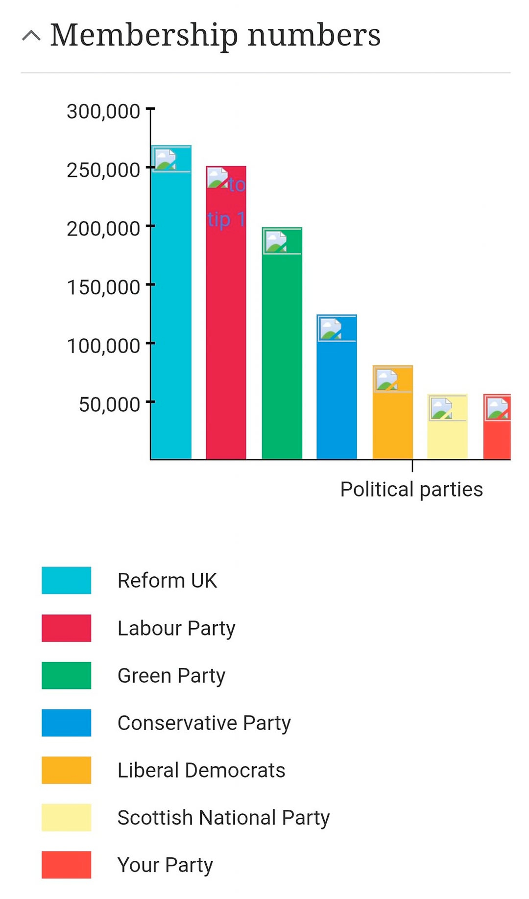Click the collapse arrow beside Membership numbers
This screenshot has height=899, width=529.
[31, 36]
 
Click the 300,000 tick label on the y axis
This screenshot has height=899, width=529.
[103, 112]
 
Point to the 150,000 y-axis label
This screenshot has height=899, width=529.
[103, 287]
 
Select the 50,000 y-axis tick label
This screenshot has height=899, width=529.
[109, 404]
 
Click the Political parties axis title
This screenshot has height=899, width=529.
[411, 489]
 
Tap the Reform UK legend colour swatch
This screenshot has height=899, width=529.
[66, 580]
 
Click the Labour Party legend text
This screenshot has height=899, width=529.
[176, 628]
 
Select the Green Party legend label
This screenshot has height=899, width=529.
[171, 676]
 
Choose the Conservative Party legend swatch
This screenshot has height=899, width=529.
[66, 723]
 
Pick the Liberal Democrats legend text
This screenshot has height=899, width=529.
[201, 770]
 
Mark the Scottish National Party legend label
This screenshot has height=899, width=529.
[223, 818]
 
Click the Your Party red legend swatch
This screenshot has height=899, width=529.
[66, 865]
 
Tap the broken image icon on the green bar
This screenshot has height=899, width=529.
[276, 241]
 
